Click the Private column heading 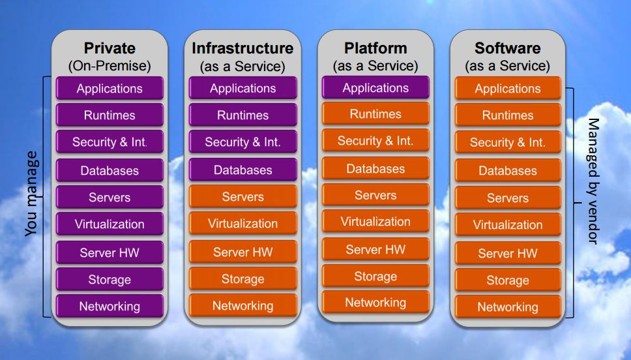coord(110,48)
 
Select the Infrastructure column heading coord(242,48)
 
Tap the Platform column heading coord(375,48)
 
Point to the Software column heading coord(507,48)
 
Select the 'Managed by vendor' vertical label coord(593,181)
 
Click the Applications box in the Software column coord(507,89)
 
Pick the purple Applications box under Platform coord(375,88)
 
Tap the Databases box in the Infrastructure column coord(242,170)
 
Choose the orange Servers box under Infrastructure coord(242,197)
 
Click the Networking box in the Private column coord(110,307)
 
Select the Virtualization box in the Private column coord(110,224)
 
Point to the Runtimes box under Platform coord(375,114)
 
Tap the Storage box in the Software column coord(507,280)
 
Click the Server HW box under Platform coord(375,250)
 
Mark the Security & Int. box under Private coord(110,142)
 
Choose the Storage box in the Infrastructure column coord(242,279)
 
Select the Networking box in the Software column coord(507,307)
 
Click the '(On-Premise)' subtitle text coord(110,66)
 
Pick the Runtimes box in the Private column coord(110,115)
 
